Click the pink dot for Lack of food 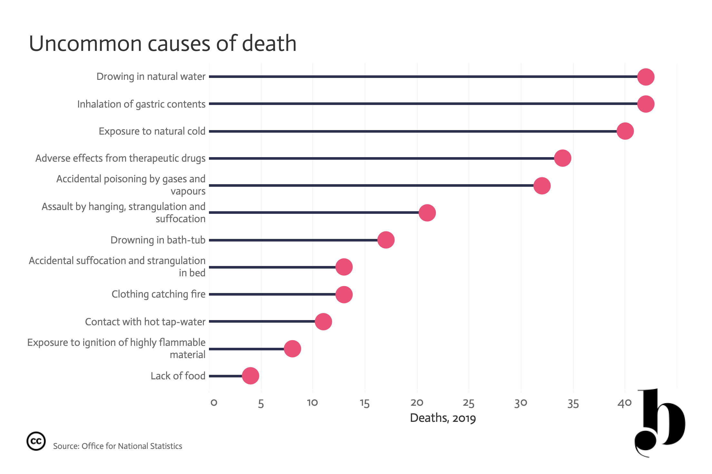tap(251, 376)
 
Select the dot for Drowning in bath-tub tap(386, 240)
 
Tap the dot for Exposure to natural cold tap(625, 131)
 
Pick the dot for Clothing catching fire tap(344, 294)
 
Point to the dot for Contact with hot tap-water tap(323, 321)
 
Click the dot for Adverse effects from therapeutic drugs tap(563, 158)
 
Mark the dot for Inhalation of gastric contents tap(646, 104)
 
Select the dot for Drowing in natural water tap(646, 77)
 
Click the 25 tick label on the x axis tap(469, 403)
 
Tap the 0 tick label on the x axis tap(214, 403)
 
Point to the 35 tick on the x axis tap(573, 403)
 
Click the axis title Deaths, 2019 tap(443, 418)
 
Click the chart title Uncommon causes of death tap(163, 43)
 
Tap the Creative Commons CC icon tap(36, 441)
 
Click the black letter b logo tap(660, 423)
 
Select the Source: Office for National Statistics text tap(118, 446)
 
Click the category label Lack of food tap(178, 376)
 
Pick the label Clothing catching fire tap(158, 294)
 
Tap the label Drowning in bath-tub tap(158, 240)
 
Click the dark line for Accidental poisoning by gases tap(371, 185)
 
